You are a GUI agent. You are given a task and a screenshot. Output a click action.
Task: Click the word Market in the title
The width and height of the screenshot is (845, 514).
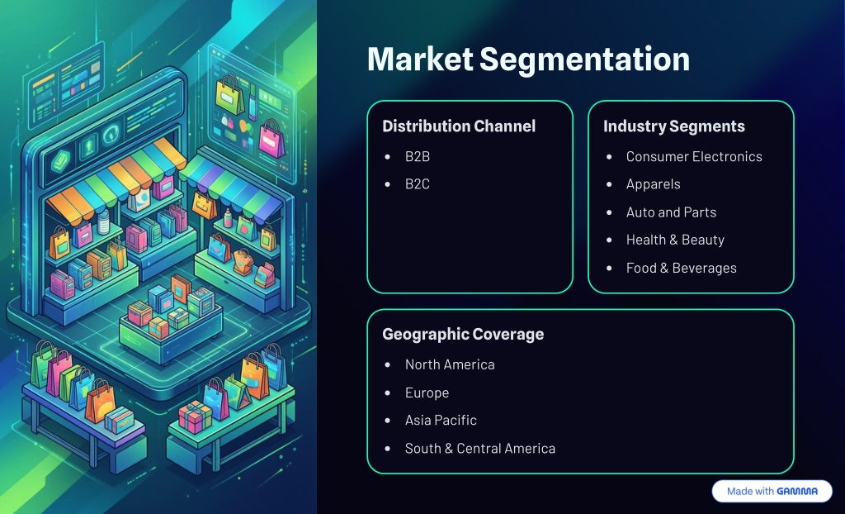tap(419, 59)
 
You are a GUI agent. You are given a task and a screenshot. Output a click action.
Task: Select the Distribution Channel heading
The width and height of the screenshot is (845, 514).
tap(459, 126)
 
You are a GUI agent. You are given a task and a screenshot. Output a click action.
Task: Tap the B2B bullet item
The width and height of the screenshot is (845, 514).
tap(417, 156)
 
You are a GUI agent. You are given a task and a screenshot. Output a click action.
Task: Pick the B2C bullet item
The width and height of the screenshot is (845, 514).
tap(417, 184)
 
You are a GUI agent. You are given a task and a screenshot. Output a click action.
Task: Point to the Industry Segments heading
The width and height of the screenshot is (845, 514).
tap(673, 126)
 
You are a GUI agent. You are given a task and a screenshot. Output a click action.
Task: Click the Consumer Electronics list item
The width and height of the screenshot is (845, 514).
tap(694, 156)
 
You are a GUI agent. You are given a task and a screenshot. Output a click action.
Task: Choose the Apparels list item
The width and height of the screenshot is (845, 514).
tap(653, 184)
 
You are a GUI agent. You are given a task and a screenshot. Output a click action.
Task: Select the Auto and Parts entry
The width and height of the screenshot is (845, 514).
tap(671, 212)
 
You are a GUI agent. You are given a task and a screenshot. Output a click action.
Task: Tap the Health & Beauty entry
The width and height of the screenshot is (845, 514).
tap(675, 240)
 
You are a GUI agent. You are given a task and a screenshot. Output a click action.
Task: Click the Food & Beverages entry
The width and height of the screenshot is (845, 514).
tap(681, 268)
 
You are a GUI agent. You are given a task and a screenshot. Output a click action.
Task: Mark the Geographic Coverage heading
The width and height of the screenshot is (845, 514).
tap(463, 335)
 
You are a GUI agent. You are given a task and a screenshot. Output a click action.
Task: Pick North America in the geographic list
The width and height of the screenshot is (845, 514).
tap(450, 364)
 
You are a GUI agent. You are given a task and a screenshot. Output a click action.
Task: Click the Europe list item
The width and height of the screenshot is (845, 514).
tap(427, 393)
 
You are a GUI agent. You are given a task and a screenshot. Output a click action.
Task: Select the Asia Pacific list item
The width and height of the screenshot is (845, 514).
tap(441, 420)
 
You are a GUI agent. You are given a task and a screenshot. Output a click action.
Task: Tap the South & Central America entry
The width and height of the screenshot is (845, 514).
tap(479, 448)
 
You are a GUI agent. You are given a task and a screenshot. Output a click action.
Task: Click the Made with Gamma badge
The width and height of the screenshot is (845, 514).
tap(772, 491)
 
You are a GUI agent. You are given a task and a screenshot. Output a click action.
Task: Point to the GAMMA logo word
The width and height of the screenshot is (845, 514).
tap(797, 491)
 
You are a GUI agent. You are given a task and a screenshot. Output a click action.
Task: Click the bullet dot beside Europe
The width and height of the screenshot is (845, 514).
tap(388, 393)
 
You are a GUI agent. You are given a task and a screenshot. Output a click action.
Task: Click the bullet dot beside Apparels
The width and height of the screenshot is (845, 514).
tap(609, 184)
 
